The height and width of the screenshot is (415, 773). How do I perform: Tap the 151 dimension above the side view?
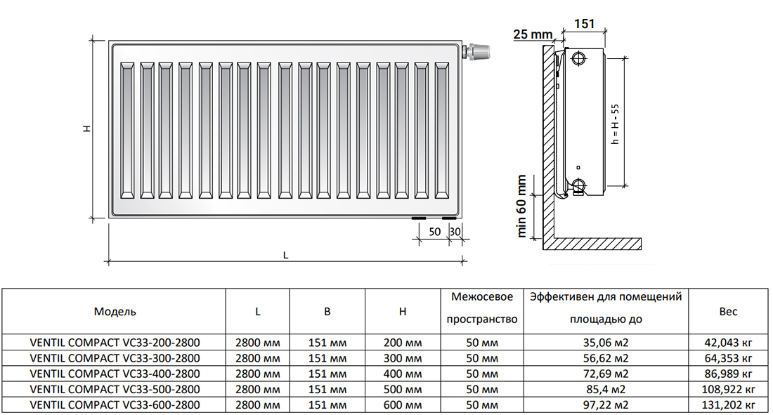pos(584,24)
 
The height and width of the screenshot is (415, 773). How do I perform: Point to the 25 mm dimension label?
pos(531,34)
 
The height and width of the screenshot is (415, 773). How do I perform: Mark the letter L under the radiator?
pos(285,255)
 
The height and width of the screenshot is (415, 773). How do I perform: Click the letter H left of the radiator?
pos(86,129)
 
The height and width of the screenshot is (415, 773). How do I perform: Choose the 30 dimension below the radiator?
pos(455,231)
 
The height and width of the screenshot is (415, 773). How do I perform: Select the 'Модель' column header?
pos(115,311)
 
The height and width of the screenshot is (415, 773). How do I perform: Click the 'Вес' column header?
pos(729,312)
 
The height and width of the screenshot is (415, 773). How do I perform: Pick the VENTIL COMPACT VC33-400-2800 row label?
pos(115,374)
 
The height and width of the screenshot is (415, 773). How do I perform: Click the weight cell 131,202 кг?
pos(729,404)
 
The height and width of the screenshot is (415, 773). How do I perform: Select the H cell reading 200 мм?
pos(403,343)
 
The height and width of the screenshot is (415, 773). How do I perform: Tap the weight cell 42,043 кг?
pos(729,343)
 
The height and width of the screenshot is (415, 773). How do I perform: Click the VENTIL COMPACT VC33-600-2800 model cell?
pos(115,404)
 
